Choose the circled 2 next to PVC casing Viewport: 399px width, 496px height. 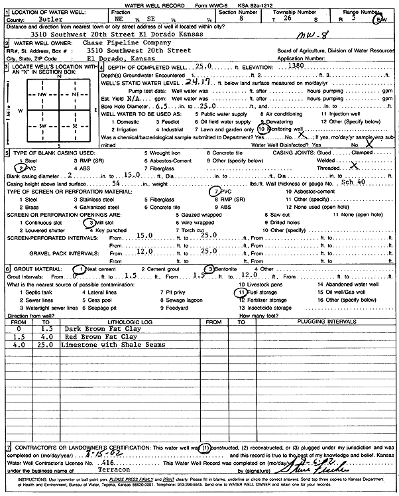20,167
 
